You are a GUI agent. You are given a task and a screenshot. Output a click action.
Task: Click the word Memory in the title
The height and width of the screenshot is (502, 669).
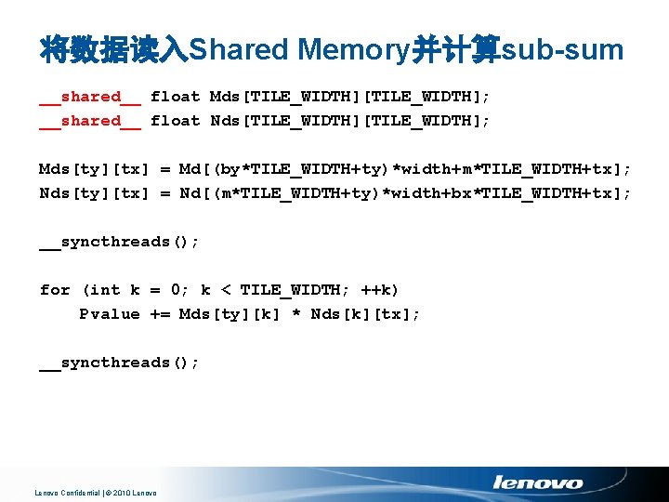click(354, 50)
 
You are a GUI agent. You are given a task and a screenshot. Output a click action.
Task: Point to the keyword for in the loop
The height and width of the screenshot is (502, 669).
click(55, 290)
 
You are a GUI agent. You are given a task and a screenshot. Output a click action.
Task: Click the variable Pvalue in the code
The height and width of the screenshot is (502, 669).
click(110, 314)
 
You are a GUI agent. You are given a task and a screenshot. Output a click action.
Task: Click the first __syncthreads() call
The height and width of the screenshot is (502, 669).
click(119, 242)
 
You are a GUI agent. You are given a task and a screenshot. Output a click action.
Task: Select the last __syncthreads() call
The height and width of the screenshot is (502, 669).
click(119, 363)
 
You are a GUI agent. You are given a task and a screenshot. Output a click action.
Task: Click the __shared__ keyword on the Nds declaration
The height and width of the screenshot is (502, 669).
click(90, 121)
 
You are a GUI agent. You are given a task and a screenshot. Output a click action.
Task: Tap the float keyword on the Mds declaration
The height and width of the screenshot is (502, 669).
click(175, 97)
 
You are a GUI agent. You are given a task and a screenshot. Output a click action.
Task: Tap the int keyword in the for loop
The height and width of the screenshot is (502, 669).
click(104, 290)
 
